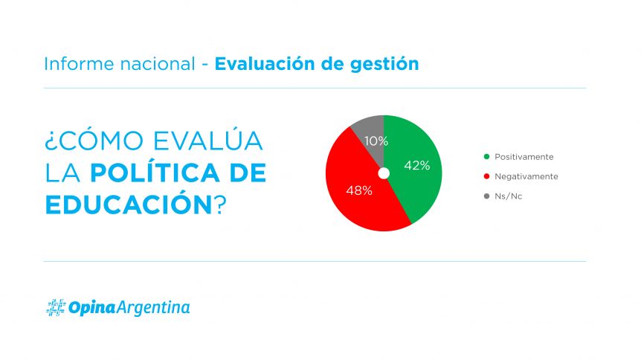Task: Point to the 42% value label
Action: click(417, 166)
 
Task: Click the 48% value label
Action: click(359, 190)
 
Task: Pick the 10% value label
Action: click(376, 141)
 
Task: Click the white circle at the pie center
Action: click(384, 173)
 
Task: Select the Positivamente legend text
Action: click(524, 157)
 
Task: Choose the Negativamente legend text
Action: click(526, 176)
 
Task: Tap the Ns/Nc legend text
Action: click(508, 196)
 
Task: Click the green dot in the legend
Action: click(486, 157)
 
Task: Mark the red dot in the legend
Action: click(486, 176)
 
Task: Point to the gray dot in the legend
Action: click(486, 196)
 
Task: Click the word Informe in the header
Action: click(79, 64)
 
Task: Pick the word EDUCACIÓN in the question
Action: click(129, 205)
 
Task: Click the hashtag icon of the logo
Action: click(56, 308)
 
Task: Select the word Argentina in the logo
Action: click(154, 308)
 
